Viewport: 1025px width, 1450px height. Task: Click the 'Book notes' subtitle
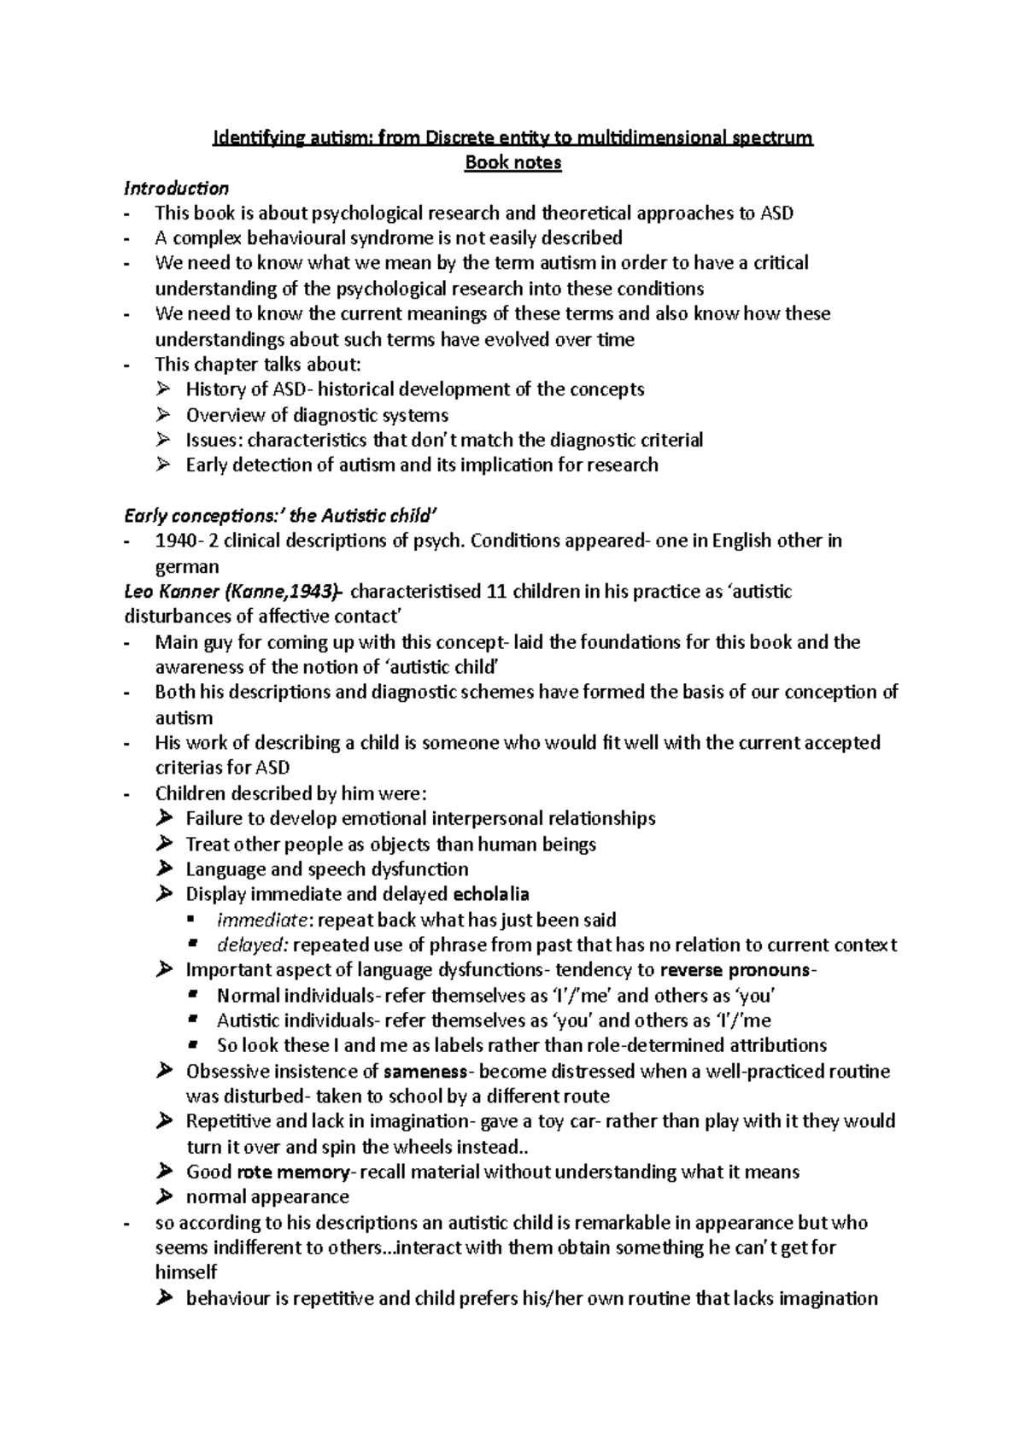(x=512, y=162)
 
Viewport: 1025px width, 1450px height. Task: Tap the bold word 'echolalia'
(x=491, y=894)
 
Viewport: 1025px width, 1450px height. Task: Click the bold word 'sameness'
(x=425, y=1071)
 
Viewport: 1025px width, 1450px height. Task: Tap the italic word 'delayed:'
(x=254, y=945)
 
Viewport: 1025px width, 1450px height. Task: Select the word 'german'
(x=187, y=567)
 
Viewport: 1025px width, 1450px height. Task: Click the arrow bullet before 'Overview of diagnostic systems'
(x=164, y=415)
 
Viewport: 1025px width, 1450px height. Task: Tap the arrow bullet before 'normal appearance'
(x=164, y=1196)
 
